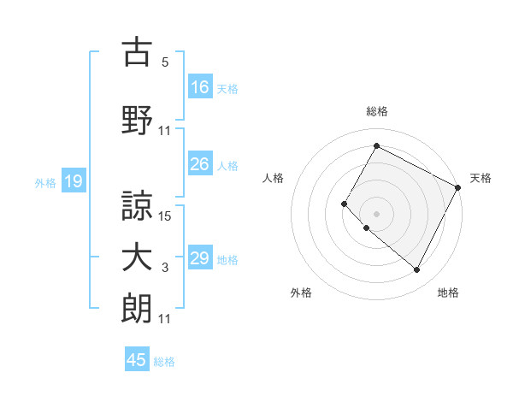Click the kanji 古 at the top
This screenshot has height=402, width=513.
[137, 52]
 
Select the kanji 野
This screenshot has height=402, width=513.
[137, 121]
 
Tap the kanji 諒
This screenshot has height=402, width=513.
[137, 204]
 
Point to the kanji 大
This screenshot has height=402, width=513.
[137, 258]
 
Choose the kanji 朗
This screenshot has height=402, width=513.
[137, 309]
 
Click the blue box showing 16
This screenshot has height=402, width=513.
[200, 86]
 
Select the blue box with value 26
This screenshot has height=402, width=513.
[200, 164]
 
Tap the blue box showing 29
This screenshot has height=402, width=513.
[200, 258]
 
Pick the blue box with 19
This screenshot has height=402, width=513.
[74, 181]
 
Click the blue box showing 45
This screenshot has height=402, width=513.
[137, 360]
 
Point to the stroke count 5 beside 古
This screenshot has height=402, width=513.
[165, 62]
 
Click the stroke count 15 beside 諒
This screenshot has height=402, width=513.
[166, 216]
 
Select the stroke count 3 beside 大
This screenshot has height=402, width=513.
[165, 269]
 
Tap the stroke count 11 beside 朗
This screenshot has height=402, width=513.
[165, 319]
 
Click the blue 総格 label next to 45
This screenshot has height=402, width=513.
[164, 362]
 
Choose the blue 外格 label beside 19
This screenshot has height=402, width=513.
[45, 182]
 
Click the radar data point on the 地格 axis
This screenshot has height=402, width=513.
[416, 270]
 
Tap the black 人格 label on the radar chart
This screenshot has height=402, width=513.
[274, 178]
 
